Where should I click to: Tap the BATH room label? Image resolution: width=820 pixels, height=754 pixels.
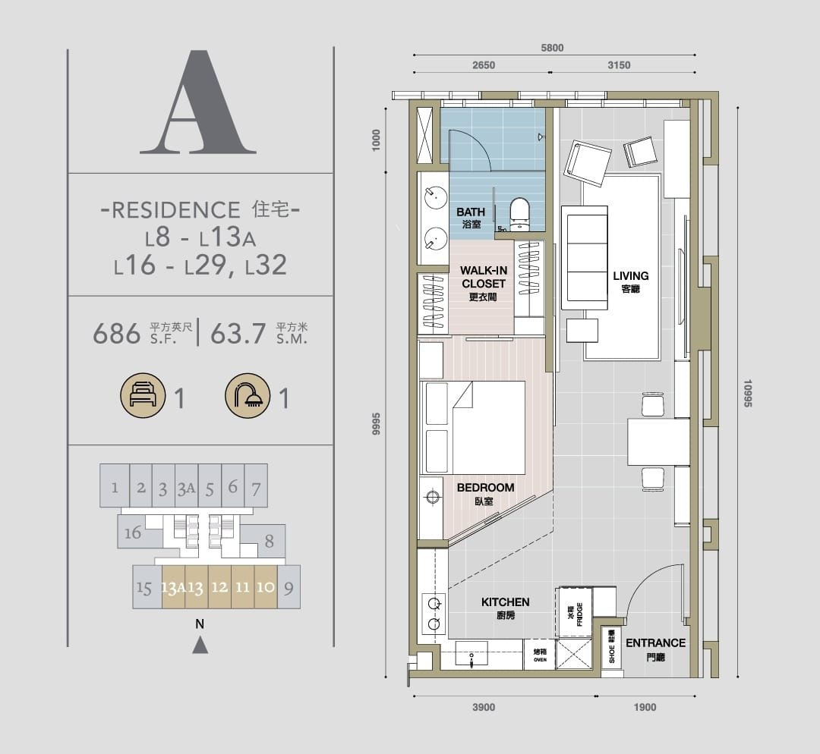471,212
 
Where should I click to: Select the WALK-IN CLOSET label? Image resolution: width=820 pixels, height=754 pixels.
484,277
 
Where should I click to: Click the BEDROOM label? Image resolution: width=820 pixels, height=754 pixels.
485,488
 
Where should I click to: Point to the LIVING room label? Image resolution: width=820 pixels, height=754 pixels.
631,276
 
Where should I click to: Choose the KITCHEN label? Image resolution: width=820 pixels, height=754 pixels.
505,602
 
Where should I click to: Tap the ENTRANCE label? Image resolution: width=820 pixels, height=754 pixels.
655,642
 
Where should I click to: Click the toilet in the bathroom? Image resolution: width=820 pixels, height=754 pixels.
519,213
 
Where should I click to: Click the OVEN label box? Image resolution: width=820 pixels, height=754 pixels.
540,655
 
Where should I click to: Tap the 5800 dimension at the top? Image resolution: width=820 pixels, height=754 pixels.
552,48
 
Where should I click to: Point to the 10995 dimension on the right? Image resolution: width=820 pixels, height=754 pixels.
747,394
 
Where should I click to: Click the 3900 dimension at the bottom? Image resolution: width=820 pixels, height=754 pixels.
484,708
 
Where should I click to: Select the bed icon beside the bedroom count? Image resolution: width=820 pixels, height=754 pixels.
143,395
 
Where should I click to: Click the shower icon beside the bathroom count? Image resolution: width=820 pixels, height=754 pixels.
248,395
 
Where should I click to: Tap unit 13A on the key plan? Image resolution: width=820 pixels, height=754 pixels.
174,587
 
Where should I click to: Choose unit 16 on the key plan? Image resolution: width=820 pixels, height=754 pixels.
133,532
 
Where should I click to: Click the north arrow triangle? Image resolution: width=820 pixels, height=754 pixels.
200,646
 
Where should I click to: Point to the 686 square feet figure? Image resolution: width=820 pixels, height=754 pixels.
117,333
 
